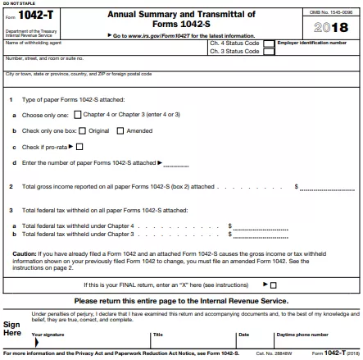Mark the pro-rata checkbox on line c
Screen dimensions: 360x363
(x=79, y=147)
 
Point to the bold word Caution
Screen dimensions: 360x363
(x=24, y=253)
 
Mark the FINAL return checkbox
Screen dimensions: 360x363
(x=273, y=285)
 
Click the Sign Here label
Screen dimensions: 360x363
(x=12, y=329)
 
